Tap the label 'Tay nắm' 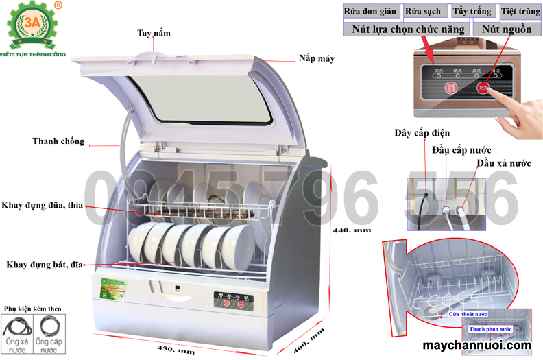154,33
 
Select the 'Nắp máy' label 316,59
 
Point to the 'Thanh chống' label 58,141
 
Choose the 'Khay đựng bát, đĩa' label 43,265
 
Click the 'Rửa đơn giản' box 370,12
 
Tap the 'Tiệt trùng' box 518,12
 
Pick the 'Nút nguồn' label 507,29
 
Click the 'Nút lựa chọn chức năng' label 408,29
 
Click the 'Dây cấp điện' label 422,132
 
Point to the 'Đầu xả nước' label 504,163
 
